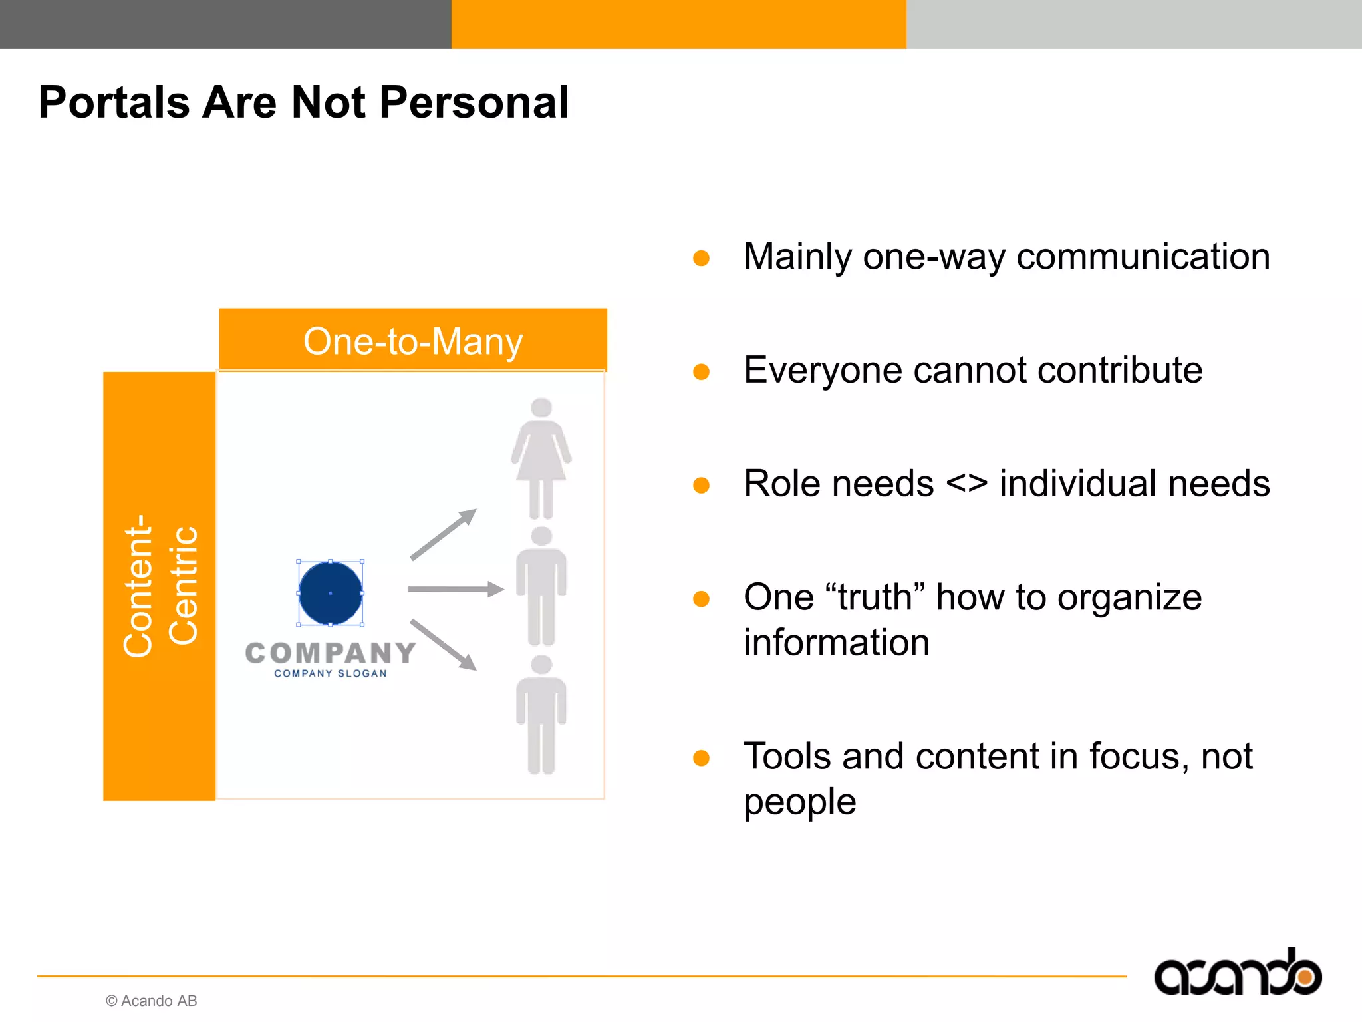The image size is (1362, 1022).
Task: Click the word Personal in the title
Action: click(x=474, y=103)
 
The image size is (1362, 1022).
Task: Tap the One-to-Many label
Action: click(x=413, y=341)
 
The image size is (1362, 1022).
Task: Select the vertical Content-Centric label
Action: click(x=160, y=586)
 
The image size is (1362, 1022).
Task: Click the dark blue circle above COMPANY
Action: click(x=331, y=593)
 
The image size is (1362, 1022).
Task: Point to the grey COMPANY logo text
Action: click(x=331, y=653)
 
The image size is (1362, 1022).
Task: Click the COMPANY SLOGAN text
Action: click(x=331, y=673)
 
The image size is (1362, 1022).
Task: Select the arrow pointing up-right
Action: click(x=443, y=534)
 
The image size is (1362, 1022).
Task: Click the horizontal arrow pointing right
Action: click(x=456, y=589)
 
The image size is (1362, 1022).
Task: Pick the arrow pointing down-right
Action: click(x=443, y=644)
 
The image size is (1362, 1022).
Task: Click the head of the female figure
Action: click(x=541, y=407)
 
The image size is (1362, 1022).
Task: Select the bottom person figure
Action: click(x=541, y=715)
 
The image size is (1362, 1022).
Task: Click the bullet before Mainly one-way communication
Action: click(x=701, y=257)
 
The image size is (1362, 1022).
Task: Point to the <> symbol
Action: click(x=966, y=483)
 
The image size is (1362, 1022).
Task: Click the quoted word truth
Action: click(x=875, y=597)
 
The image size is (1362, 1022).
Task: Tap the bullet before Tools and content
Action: click(x=701, y=757)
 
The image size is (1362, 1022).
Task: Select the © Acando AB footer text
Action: click(x=152, y=1001)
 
